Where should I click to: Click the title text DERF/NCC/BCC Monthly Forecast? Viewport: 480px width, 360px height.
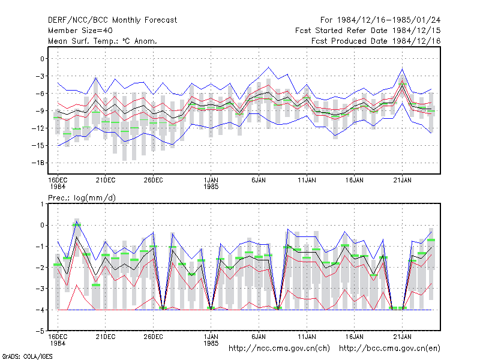tap(112, 20)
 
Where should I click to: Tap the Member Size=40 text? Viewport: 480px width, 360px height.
tap(80, 31)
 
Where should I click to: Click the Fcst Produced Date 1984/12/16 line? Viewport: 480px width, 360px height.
tap(376, 41)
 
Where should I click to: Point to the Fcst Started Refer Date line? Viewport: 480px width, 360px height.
tap(368, 31)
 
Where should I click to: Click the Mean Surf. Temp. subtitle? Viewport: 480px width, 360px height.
tap(102, 41)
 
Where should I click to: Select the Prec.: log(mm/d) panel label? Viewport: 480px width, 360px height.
tap(82, 198)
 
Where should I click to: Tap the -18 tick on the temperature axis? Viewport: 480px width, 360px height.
tap(38, 163)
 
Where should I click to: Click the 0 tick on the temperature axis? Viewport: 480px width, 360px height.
tap(42, 59)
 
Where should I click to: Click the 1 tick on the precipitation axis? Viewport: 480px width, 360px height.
tap(42, 204)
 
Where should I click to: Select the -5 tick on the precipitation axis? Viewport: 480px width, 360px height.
tap(40, 331)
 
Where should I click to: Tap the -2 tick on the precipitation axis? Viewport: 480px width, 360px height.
tap(40, 268)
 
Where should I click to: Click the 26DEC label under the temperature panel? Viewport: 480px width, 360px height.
tap(154, 181)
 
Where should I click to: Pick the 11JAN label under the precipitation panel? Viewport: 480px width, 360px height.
tap(307, 337)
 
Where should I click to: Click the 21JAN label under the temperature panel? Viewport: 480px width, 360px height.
tap(402, 181)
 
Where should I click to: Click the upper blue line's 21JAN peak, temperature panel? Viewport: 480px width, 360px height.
tap(402, 69)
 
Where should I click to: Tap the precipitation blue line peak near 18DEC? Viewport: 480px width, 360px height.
tap(77, 221)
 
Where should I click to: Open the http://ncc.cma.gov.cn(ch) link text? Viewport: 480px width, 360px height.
tap(279, 349)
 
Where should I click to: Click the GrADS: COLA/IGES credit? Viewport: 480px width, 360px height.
tap(27, 356)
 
